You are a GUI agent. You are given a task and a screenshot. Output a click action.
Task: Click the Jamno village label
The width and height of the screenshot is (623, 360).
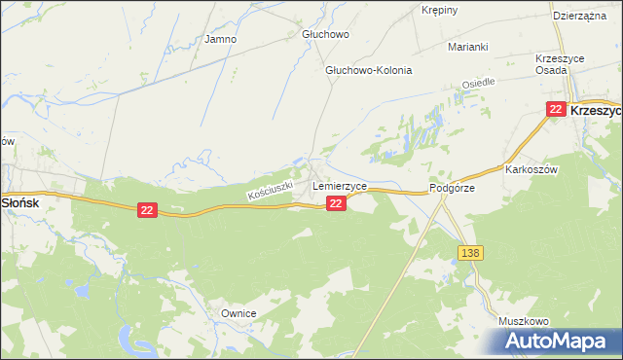coord(220,40)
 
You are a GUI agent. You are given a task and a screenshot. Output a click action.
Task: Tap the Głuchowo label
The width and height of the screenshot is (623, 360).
coord(325,34)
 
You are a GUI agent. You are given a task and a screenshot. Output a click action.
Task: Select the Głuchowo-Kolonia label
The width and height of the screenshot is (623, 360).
coord(369,71)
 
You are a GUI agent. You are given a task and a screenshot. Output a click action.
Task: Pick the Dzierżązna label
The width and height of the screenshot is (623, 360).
coord(581,17)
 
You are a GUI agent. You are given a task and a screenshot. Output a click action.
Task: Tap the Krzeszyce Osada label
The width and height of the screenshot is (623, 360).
coord(560,65)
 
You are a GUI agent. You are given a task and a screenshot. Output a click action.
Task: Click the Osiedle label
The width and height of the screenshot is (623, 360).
coord(478,85)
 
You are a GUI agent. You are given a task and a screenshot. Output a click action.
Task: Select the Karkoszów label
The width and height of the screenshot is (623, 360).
coord(531,168)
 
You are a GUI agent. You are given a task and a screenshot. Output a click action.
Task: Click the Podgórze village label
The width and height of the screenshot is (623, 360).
coord(452,189)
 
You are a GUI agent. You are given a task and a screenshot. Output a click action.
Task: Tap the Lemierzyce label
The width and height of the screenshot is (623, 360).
coord(339,185)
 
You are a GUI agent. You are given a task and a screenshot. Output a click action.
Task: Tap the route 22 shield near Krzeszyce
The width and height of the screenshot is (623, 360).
coord(556,110)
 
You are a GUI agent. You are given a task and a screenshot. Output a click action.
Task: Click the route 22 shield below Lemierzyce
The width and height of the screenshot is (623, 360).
coord(335,202)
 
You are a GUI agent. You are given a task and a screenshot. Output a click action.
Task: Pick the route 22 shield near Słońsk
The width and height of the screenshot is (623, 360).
coord(147,210)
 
